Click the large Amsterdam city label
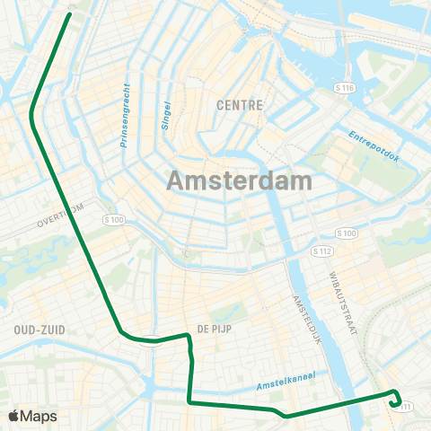point(239,180)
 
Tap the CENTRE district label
point(240,105)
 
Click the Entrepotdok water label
point(373,144)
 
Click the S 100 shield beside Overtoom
point(112,220)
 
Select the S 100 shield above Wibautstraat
point(347,233)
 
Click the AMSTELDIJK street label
point(305,319)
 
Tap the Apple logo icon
point(13,416)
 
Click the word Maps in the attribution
point(39,416)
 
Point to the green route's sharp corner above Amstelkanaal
point(189,403)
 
